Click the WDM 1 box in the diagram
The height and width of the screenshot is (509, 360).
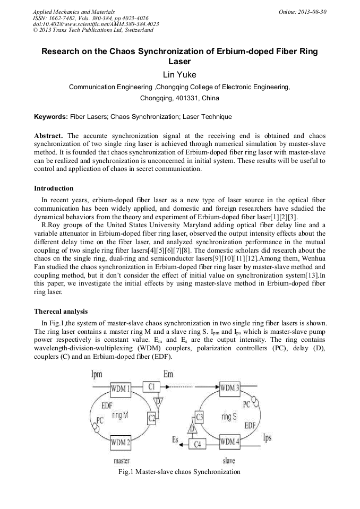tap(121, 389)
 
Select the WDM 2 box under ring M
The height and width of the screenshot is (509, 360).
tap(121, 441)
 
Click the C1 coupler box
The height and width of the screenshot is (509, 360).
tap(152, 387)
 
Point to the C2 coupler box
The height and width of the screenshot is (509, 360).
tap(152, 419)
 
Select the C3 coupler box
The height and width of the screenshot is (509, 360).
tap(200, 417)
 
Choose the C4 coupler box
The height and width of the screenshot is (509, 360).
tap(197, 444)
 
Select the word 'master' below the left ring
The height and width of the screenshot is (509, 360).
tap(122, 461)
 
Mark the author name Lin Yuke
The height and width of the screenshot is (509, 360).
tap(179, 75)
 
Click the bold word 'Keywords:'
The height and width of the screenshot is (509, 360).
tap(51, 116)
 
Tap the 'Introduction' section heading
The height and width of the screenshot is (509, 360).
tap(54, 188)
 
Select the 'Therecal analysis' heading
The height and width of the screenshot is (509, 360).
tap(61, 311)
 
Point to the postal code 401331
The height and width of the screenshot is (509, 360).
tap(181, 98)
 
